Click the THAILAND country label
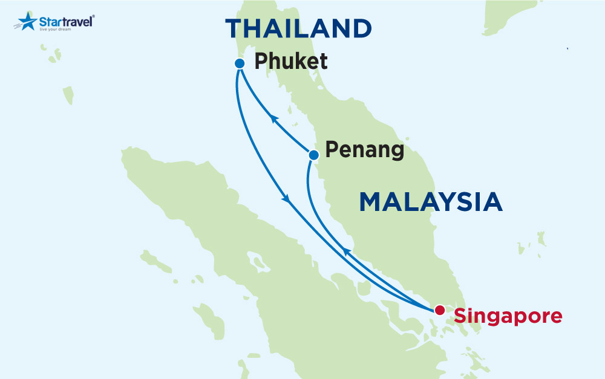click(x=298, y=29)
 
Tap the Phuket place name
click(x=291, y=61)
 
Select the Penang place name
click(x=364, y=150)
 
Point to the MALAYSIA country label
click(x=431, y=202)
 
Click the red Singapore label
click(x=508, y=316)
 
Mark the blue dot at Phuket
click(x=239, y=63)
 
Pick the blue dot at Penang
click(x=313, y=155)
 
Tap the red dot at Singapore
click(x=440, y=310)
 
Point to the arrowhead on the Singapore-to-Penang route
click(x=345, y=251)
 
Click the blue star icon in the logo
click(x=27, y=21)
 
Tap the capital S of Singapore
click(x=460, y=316)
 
